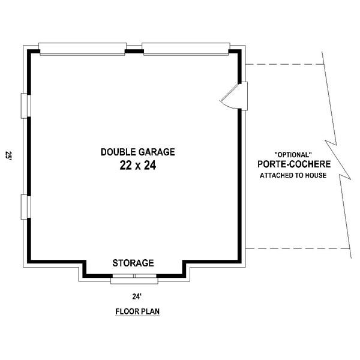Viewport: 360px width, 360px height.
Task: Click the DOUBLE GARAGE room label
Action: (138, 152)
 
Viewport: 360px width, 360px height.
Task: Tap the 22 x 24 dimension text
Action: (138, 166)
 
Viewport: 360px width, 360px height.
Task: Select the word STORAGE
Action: (133, 263)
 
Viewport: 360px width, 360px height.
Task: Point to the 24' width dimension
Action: (136, 297)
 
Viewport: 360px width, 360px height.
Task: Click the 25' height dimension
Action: (8, 155)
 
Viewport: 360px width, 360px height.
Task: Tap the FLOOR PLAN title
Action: (137, 311)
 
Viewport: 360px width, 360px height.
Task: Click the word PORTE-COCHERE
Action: (294, 164)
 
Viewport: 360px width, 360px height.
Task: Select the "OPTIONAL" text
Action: (293, 155)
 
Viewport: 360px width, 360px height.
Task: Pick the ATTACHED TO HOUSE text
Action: (293, 175)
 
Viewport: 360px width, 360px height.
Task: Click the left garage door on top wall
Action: (83, 49)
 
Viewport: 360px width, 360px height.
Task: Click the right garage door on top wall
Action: (186, 49)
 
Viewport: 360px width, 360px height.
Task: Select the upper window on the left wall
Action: (26, 106)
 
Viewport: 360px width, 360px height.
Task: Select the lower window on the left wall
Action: (26, 207)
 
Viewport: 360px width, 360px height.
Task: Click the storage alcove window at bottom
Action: (134, 279)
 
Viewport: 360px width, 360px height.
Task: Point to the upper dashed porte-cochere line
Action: (284, 64)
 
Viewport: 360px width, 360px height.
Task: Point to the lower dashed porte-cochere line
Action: (298, 248)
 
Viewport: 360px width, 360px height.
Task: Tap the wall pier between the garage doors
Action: (134, 52)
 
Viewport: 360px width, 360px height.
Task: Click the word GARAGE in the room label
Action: (157, 152)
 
